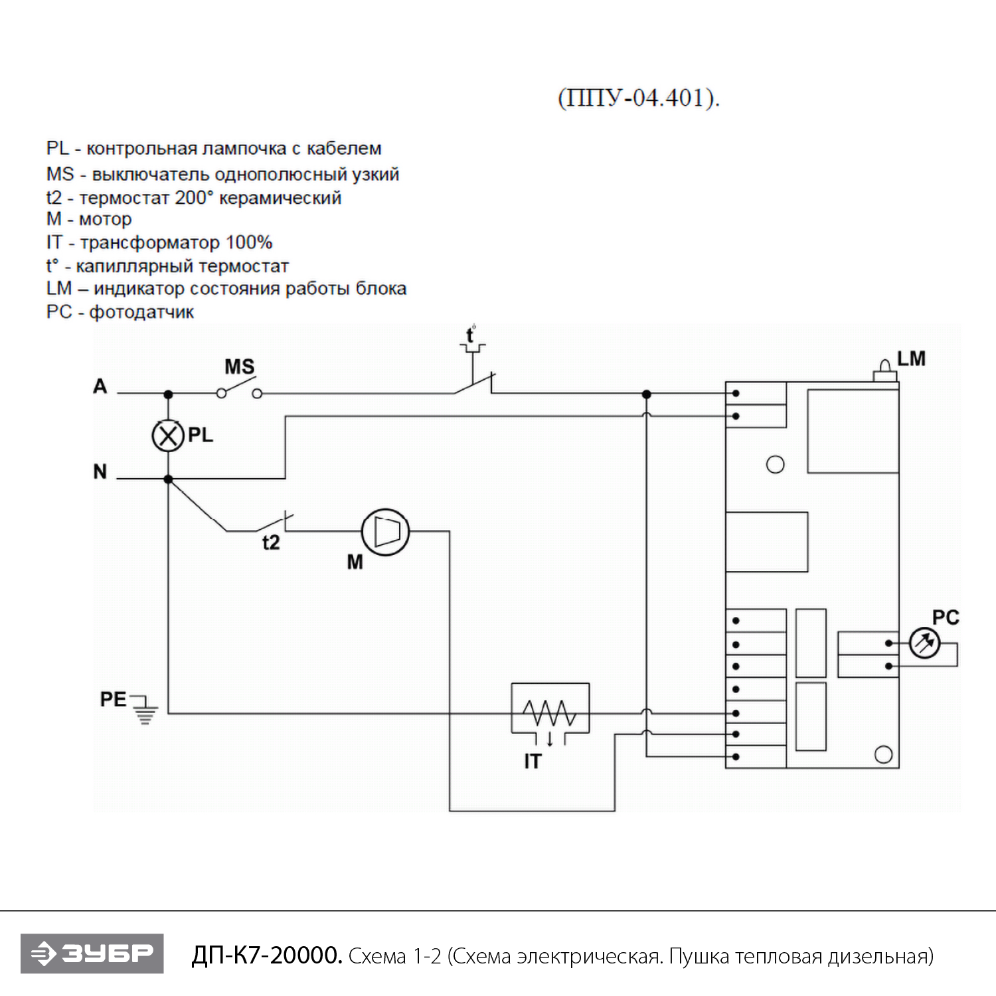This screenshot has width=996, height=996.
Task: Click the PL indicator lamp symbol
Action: click(167, 436)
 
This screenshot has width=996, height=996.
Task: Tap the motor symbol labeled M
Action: click(385, 532)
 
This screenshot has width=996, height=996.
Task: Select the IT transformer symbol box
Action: click(550, 709)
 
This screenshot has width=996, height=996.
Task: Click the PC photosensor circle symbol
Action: click(924, 643)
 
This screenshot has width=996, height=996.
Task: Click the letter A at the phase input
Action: click(100, 386)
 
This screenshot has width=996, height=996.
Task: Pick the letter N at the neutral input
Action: click(100, 471)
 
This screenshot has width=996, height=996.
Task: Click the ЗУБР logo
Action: click(92, 954)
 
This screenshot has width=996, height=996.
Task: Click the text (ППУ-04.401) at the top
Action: click(639, 98)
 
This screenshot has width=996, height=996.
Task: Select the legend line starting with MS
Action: click(222, 174)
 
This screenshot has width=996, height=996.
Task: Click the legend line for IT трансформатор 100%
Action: click(159, 242)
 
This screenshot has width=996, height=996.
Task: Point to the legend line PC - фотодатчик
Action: click(120, 312)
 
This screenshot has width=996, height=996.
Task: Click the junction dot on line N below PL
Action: click(168, 479)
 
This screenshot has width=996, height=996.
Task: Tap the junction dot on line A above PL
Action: click(168, 394)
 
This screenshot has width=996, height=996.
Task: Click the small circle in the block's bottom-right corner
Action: click(883, 754)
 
